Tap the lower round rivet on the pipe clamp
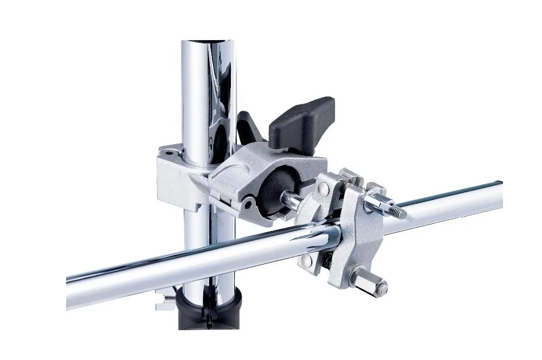[x=307, y=261]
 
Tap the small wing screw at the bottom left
[x=162, y=299]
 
